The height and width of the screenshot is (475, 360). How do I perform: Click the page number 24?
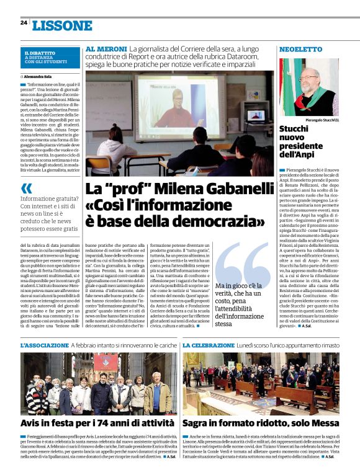pos(24,23)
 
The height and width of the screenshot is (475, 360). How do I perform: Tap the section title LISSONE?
pos(61,25)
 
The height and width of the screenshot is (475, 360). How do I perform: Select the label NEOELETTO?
pos(300,48)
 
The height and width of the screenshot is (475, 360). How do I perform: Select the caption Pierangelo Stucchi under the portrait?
pos(322,119)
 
